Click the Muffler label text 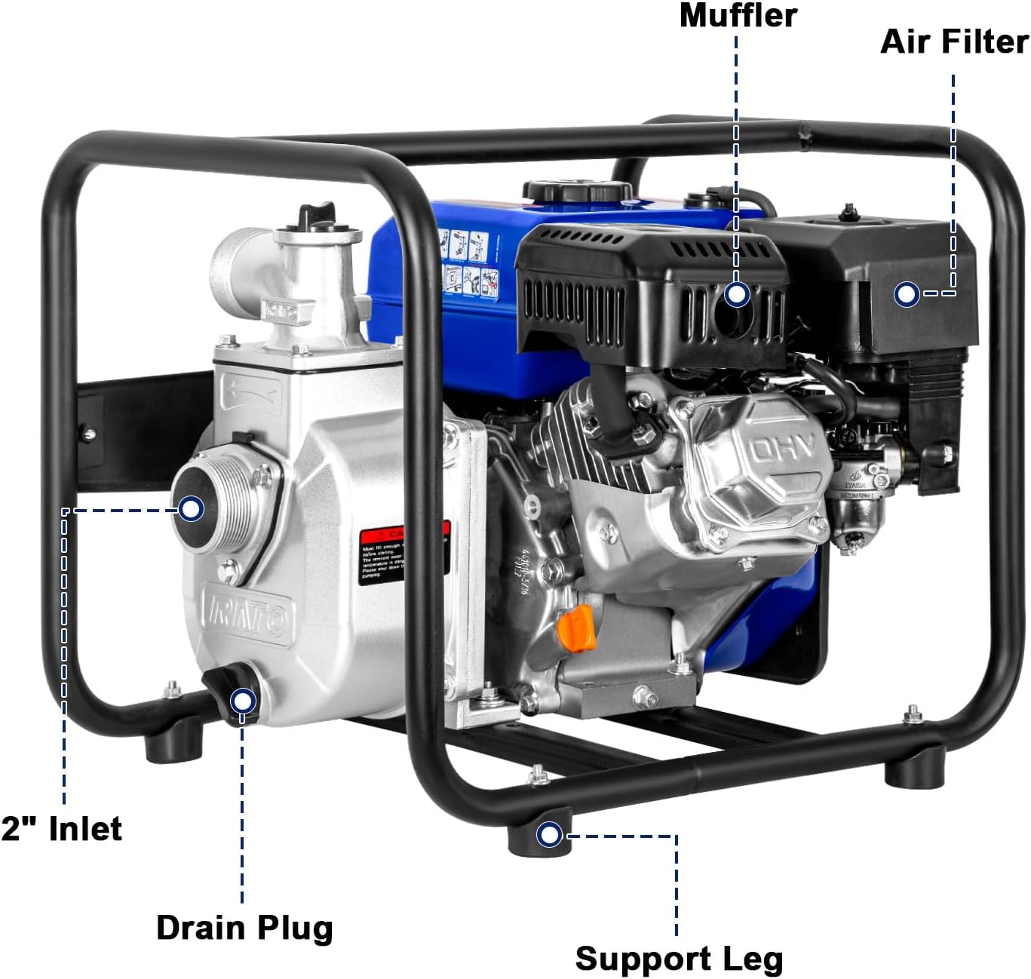click(x=738, y=17)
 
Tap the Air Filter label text click(x=954, y=42)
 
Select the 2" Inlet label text click(x=62, y=828)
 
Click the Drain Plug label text click(x=244, y=928)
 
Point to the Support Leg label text click(x=679, y=959)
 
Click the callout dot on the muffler click(x=737, y=294)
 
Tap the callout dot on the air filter click(x=907, y=294)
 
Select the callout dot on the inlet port click(x=192, y=509)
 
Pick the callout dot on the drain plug click(x=241, y=701)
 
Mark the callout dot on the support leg click(x=549, y=835)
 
